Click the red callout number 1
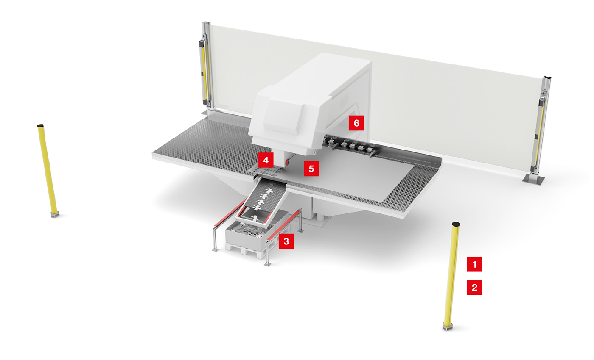[474, 264]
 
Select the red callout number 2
[474, 288]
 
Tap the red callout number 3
[286, 241]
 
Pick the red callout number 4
[266, 160]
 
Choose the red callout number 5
[311, 169]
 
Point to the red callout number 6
[356, 123]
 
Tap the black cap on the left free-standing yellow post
[41, 126]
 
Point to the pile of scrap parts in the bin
[244, 229]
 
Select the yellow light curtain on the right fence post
[540, 127]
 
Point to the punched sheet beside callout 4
[267, 172]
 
